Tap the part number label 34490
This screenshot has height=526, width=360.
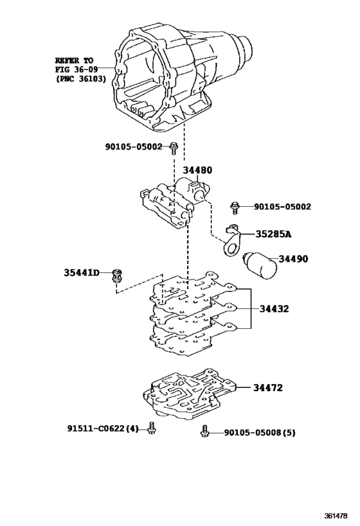tap(293, 259)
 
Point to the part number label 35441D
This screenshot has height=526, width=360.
tap(82, 273)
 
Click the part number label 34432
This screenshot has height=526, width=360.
tap(274, 308)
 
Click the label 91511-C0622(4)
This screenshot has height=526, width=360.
tap(103, 428)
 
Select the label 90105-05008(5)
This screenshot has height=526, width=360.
tap(260, 433)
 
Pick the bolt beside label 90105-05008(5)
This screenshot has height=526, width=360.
tap(205, 432)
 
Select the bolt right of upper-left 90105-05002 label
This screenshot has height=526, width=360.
tap(174, 148)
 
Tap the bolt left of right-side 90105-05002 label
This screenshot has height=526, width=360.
tap(236, 207)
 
